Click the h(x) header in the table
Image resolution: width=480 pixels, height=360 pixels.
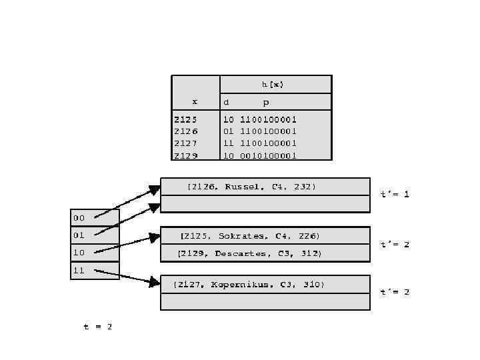272,84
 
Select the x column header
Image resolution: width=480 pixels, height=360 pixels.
195,101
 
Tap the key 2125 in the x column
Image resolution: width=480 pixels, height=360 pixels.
185,119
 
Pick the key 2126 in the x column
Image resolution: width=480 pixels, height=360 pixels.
185,131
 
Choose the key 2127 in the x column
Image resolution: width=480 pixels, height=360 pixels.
185,143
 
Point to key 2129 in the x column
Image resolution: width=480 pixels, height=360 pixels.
185,155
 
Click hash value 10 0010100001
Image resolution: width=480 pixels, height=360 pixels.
260,155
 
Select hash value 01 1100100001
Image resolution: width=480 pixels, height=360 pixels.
260,131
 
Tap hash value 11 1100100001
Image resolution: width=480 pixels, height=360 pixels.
260,143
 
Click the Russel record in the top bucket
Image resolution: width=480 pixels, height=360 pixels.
252,187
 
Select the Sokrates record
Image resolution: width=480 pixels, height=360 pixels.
251,236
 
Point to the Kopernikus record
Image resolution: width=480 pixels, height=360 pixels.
249,285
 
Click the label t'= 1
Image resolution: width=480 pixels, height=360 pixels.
395,194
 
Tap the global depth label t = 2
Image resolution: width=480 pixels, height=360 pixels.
97,327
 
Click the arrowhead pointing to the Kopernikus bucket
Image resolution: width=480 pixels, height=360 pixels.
155,283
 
